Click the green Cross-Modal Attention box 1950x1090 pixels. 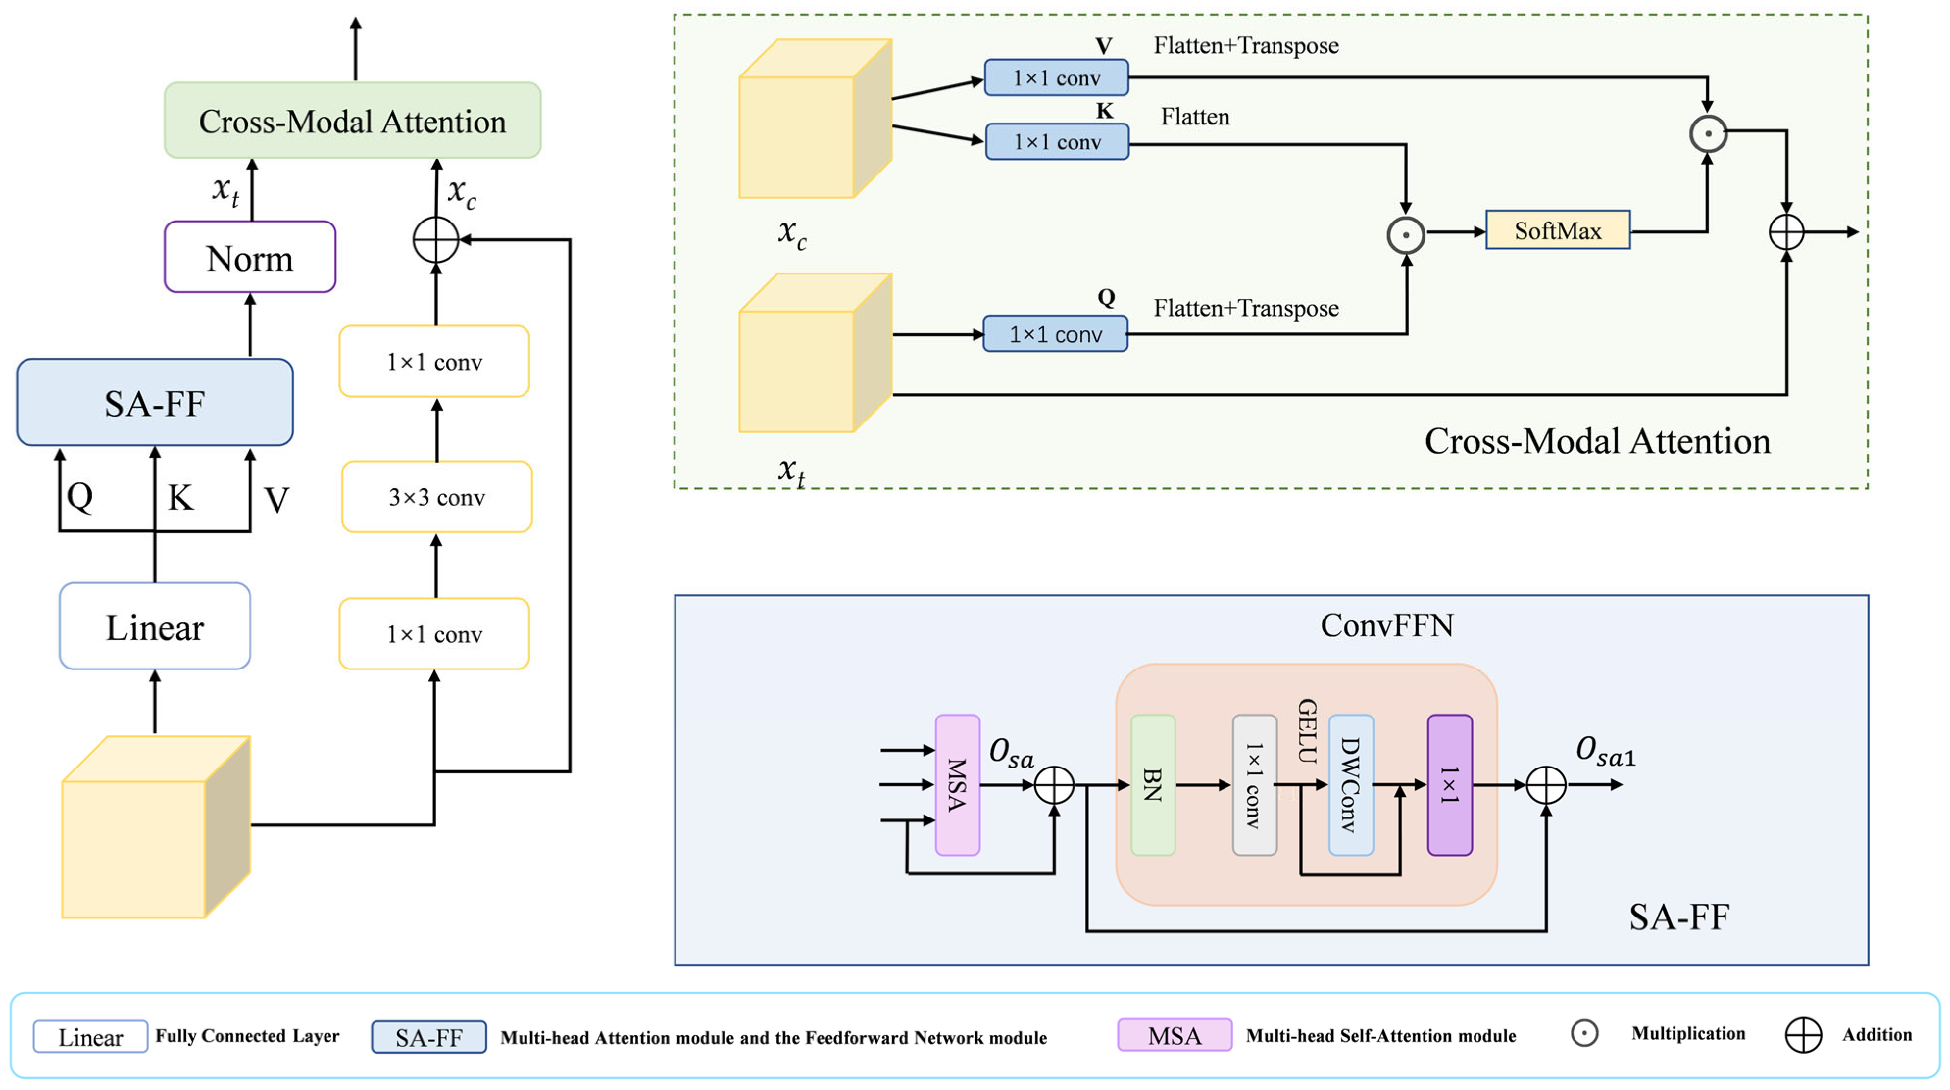click(x=353, y=121)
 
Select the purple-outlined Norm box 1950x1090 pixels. click(x=250, y=257)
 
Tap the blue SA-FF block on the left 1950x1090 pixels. click(x=155, y=403)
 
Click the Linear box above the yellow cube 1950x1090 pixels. click(x=155, y=627)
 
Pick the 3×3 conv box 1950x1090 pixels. click(x=437, y=497)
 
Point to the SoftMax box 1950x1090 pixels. click(x=1558, y=230)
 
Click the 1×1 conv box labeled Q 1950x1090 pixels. click(x=1055, y=334)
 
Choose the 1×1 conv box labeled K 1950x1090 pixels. click(x=1057, y=142)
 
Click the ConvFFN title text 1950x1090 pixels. click(x=1387, y=625)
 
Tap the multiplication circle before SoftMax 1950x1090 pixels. click(x=1406, y=235)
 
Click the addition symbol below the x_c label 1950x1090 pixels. click(x=436, y=240)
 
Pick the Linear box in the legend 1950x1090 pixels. click(x=90, y=1036)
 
